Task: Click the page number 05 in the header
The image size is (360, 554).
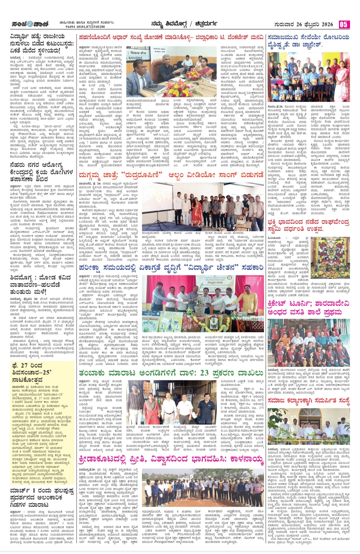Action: [x=344, y=24]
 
